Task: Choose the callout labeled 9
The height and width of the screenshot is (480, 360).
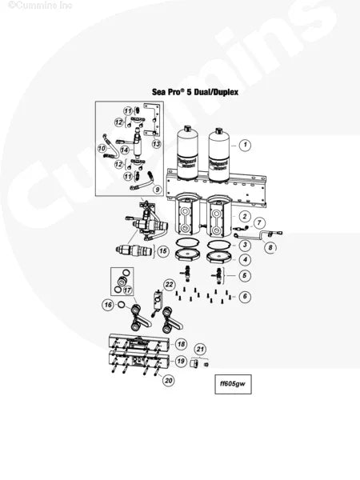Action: [x=158, y=190]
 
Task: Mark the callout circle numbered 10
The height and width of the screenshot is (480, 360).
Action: [x=102, y=148]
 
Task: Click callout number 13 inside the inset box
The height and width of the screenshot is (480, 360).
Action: [x=157, y=144]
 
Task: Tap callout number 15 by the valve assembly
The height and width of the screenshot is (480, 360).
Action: [x=162, y=251]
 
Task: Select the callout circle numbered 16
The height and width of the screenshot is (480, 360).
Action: [x=107, y=305]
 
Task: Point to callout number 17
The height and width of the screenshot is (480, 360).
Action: [x=126, y=290]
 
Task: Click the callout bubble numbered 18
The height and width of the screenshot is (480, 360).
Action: [x=182, y=343]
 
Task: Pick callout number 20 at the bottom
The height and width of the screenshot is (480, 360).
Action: [x=168, y=381]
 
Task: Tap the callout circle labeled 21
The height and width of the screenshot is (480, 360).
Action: [x=201, y=349]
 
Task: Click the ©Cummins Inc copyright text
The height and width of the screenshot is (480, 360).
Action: [x=28, y=5]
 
